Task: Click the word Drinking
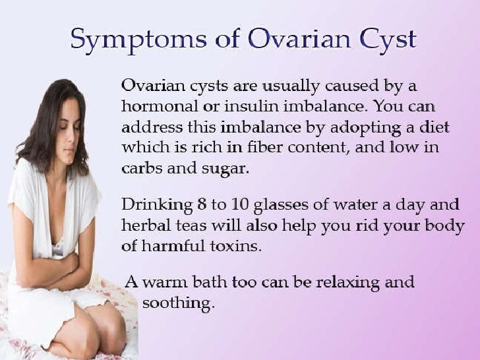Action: click(152, 206)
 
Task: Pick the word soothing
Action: click(177, 304)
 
